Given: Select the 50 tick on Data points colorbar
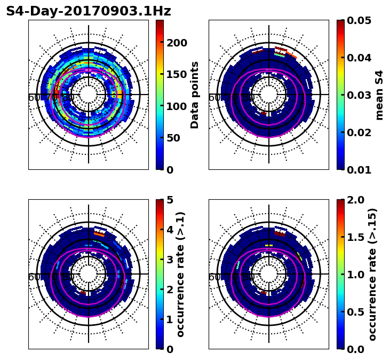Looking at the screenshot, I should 174,138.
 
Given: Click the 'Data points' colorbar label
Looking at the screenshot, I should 195,95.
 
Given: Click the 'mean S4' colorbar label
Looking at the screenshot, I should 379,95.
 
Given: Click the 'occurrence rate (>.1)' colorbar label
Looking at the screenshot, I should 180,274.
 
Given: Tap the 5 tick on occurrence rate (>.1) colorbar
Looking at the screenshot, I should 170,200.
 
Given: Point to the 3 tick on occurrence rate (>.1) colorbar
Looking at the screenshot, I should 170,260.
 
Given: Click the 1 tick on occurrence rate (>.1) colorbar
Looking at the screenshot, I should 170,319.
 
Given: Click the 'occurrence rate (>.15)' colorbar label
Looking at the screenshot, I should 372,274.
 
